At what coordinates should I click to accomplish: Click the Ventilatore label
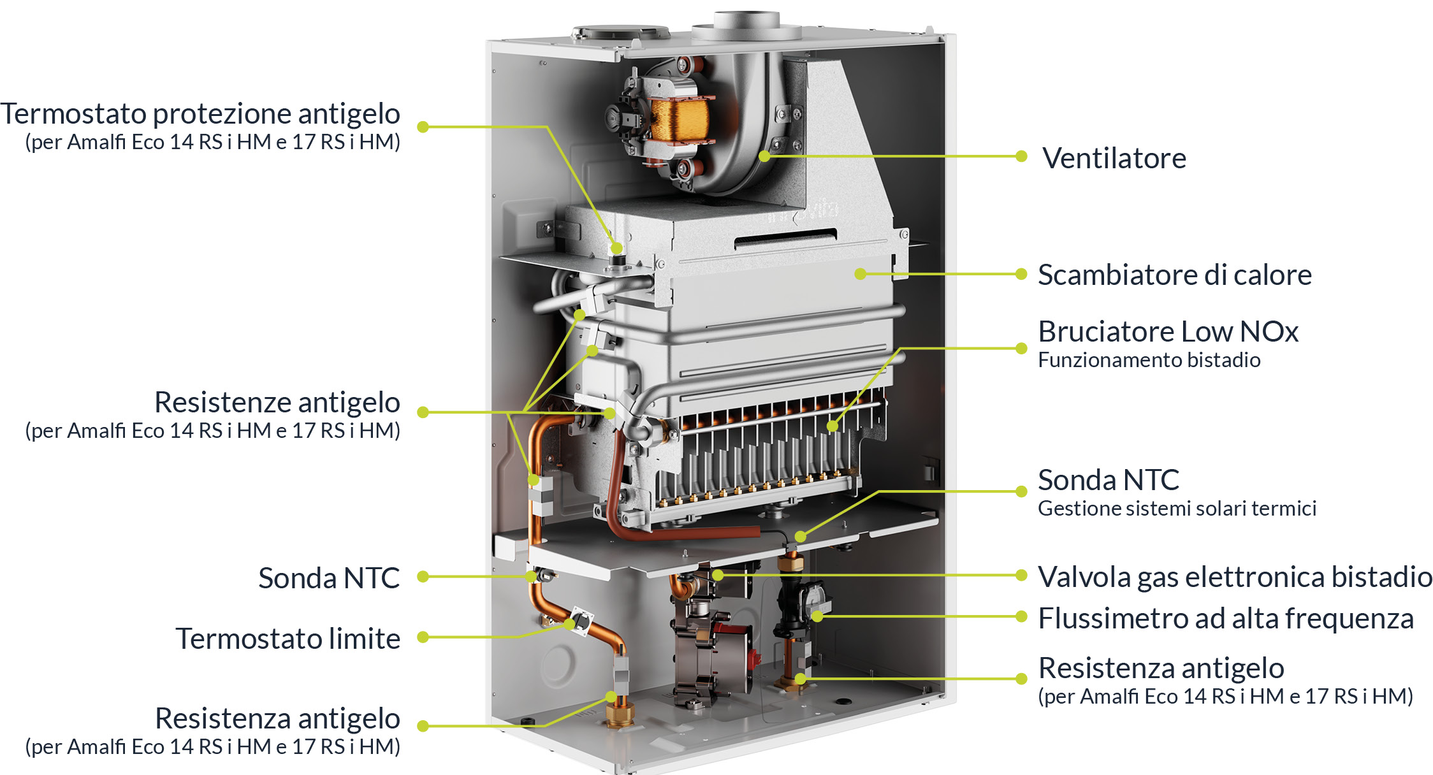coord(1114,158)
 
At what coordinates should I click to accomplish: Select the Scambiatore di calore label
coord(1175,275)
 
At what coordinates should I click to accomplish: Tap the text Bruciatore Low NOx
coord(1168,331)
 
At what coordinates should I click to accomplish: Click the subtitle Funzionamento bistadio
coord(1149,360)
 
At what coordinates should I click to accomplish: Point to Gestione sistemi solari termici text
coord(1177,509)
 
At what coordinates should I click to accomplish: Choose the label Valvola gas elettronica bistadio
coord(1235,577)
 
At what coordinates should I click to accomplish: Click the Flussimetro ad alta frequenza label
coord(1226,618)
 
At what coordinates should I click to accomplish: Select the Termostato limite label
coord(288,639)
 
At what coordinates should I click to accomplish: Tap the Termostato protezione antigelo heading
coord(200,113)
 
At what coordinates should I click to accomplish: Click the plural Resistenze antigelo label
coord(277,402)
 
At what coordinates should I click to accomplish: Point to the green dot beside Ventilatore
coord(1021,156)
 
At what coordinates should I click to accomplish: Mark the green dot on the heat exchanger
coord(861,274)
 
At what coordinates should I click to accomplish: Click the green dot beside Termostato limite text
coord(423,637)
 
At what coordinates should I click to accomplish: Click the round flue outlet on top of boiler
coord(746,22)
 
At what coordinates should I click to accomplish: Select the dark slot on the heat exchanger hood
coord(785,238)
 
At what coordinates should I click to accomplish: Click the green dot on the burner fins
coord(833,426)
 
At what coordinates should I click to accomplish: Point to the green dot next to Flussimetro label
coord(1021,616)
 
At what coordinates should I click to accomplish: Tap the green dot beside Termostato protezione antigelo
coord(423,127)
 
